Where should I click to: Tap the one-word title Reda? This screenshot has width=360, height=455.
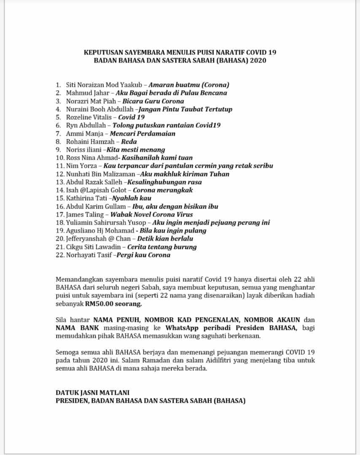129,142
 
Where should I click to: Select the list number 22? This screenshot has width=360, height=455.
59,255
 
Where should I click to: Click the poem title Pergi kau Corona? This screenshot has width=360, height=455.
144,255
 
